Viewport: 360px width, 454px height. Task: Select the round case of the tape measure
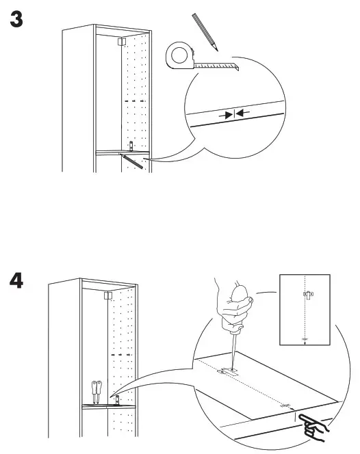click(180, 55)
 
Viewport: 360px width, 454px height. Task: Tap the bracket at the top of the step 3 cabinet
click(120, 42)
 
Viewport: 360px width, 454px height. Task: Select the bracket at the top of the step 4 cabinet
click(107, 296)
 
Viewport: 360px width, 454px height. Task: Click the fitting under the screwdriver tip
click(228, 371)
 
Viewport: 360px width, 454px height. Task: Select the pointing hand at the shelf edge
click(315, 427)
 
